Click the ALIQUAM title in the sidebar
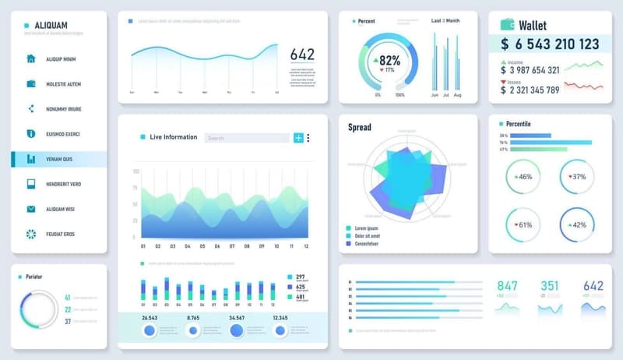click(46, 25)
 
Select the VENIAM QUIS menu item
click(64, 159)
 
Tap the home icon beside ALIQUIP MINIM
click(31, 58)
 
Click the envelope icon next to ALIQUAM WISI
click(31, 209)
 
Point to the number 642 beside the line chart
click(302, 55)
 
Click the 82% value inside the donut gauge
click(389, 60)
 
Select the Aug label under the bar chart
click(457, 95)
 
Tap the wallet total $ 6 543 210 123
click(550, 44)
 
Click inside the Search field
click(246, 138)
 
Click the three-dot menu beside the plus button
click(308, 138)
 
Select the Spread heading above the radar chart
click(360, 127)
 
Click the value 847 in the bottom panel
click(507, 286)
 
